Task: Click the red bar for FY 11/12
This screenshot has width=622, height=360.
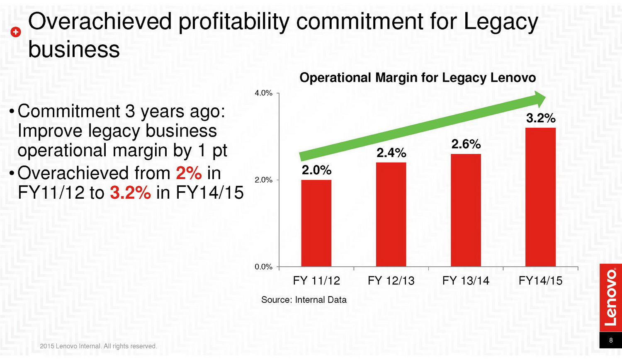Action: tap(316, 223)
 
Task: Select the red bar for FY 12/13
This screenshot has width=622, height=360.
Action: tap(391, 214)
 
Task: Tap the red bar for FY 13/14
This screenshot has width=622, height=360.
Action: tap(466, 210)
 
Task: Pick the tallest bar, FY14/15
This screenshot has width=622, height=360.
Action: tap(540, 197)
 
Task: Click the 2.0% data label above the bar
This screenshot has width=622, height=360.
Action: tap(316, 170)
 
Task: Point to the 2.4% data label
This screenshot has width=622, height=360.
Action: tap(391, 153)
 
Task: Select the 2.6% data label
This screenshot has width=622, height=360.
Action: tap(466, 144)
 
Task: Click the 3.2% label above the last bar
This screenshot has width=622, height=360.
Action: tap(541, 118)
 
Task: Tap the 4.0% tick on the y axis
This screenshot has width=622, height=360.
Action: tap(263, 93)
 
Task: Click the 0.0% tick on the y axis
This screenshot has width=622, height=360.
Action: tap(263, 267)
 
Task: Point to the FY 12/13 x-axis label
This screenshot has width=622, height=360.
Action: tap(391, 281)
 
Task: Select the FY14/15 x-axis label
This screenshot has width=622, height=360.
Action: tap(540, 281)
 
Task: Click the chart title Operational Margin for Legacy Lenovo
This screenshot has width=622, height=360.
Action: tap(418, 78)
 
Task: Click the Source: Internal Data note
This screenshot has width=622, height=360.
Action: tap(304, 300)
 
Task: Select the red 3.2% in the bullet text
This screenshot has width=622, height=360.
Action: tap(130, 193)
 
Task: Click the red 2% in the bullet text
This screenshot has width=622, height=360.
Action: tap(189, 173)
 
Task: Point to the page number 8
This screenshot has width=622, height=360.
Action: tap(611, 340)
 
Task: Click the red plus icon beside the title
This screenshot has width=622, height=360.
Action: tap(15, 32)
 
